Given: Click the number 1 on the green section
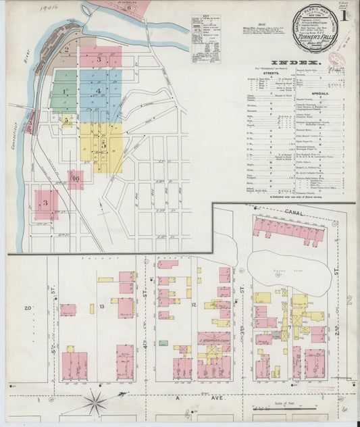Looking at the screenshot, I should [64, 91].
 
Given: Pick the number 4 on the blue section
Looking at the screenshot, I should [99, 91].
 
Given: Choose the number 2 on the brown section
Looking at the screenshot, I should [66, 49].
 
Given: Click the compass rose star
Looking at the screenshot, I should [95, 403].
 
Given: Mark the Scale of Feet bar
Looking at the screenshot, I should [290, 407].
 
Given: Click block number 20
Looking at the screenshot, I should [28, 308].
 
